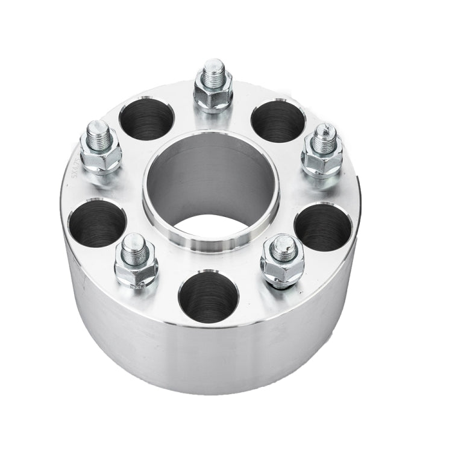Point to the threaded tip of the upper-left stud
(x=98, y=131)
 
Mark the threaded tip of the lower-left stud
(x=134, y=245)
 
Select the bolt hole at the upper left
(x=146, y=119)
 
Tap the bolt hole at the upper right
(x=278, y=121)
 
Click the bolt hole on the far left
(x=97, y=223)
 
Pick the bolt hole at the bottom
(x=209, y=297)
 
